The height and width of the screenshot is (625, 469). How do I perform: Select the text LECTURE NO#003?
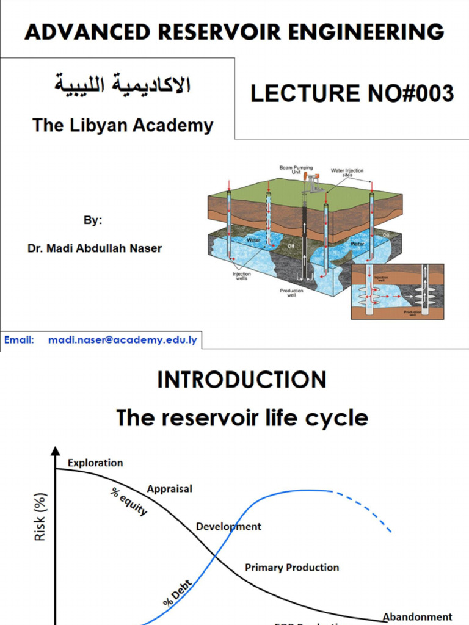click(352, 93)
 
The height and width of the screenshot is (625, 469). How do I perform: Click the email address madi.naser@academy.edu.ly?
click(123, 340)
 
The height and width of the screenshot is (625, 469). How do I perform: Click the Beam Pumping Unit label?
click(296, 170)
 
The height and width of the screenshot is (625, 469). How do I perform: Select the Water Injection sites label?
click(347, 172)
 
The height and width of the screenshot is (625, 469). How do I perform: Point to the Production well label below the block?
click(291, 293)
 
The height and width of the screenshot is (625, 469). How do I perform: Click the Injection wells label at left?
click(242, 276)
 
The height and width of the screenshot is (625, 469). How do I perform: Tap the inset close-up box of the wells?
click(397, 291)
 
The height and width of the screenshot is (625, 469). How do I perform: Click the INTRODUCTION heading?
click(242, 380)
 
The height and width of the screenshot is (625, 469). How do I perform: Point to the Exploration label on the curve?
click(95, 463)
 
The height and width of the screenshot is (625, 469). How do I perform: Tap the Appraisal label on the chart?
click(170, 488)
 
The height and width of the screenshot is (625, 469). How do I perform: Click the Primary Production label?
click(292, 567)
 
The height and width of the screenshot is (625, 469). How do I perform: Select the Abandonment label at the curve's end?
click(418, 617)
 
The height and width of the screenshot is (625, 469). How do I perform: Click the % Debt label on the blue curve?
click(178, 593)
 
